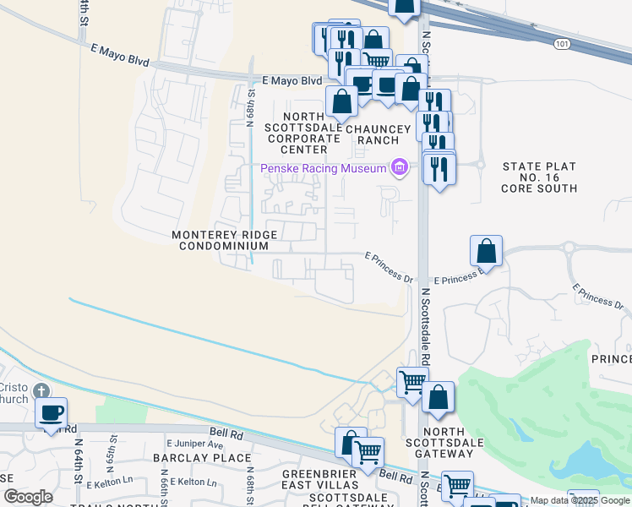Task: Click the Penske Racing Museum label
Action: [x=323, y=169]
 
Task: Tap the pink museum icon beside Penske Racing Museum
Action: [x=400, y=168]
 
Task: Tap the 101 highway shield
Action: [x=562, y=42]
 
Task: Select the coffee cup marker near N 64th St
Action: [x=52, y=413]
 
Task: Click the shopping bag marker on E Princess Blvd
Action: [x=487, y=251]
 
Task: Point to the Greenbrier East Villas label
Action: [x=321, y=479]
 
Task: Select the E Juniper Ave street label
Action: [x=195, y=444]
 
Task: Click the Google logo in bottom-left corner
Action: [x=28, y=496]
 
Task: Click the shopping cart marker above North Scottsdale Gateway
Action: [x=411, y=381]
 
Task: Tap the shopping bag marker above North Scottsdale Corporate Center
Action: [x=341, y=102]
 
